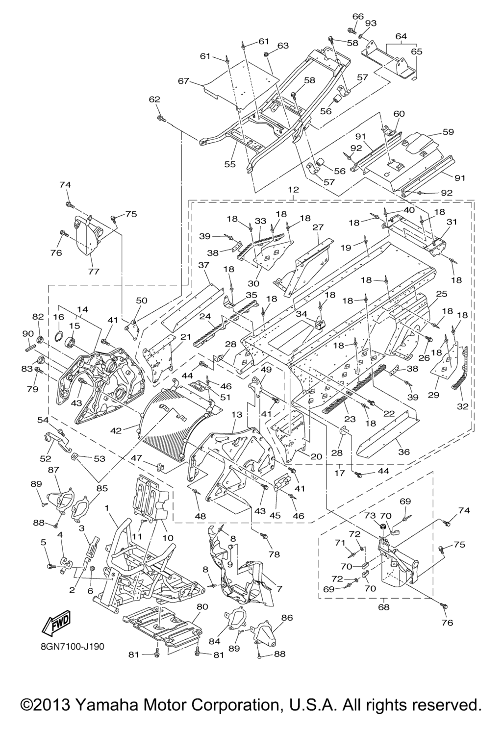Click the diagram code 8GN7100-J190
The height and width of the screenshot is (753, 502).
(x=73, y=647)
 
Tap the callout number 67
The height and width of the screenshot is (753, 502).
(x=183, y=81)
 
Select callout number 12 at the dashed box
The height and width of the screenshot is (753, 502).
(x=293, y=189)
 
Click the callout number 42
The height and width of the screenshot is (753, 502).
(x=116, y=430)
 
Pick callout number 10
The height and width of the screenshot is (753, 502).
(x=168, y=537)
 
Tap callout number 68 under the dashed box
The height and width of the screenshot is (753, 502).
(x=383, y=607)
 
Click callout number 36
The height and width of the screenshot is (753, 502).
(x=403, y=452)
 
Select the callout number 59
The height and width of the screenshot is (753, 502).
(x=448, y=132)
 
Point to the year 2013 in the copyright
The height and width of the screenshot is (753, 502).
(x=49, y=705)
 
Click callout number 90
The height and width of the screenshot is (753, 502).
(x=27, y=334)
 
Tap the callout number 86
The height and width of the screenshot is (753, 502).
(x=287, y=618)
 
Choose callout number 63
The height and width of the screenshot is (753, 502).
(x=283, y=46)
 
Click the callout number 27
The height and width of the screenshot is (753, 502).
(x=318, y=227)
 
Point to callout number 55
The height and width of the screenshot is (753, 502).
(x=230, y=164)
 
